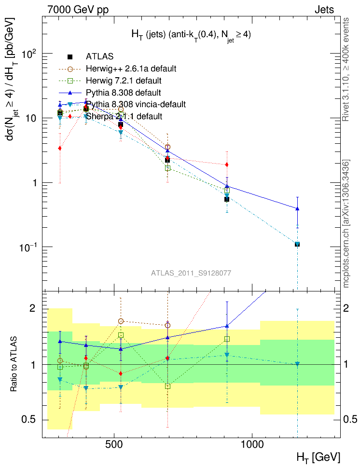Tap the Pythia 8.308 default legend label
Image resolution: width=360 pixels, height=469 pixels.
124,92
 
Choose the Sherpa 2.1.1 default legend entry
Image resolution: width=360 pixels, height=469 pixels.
124,116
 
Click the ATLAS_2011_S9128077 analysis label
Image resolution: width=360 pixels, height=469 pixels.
191,273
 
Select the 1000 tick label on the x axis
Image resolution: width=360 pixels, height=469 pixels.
252,444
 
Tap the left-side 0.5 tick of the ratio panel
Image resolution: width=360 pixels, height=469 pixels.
32,419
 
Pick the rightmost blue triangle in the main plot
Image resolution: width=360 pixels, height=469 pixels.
297,208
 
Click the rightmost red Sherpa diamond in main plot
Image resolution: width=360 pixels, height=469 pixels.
227,165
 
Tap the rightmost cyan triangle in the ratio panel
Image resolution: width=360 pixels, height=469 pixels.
297,364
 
